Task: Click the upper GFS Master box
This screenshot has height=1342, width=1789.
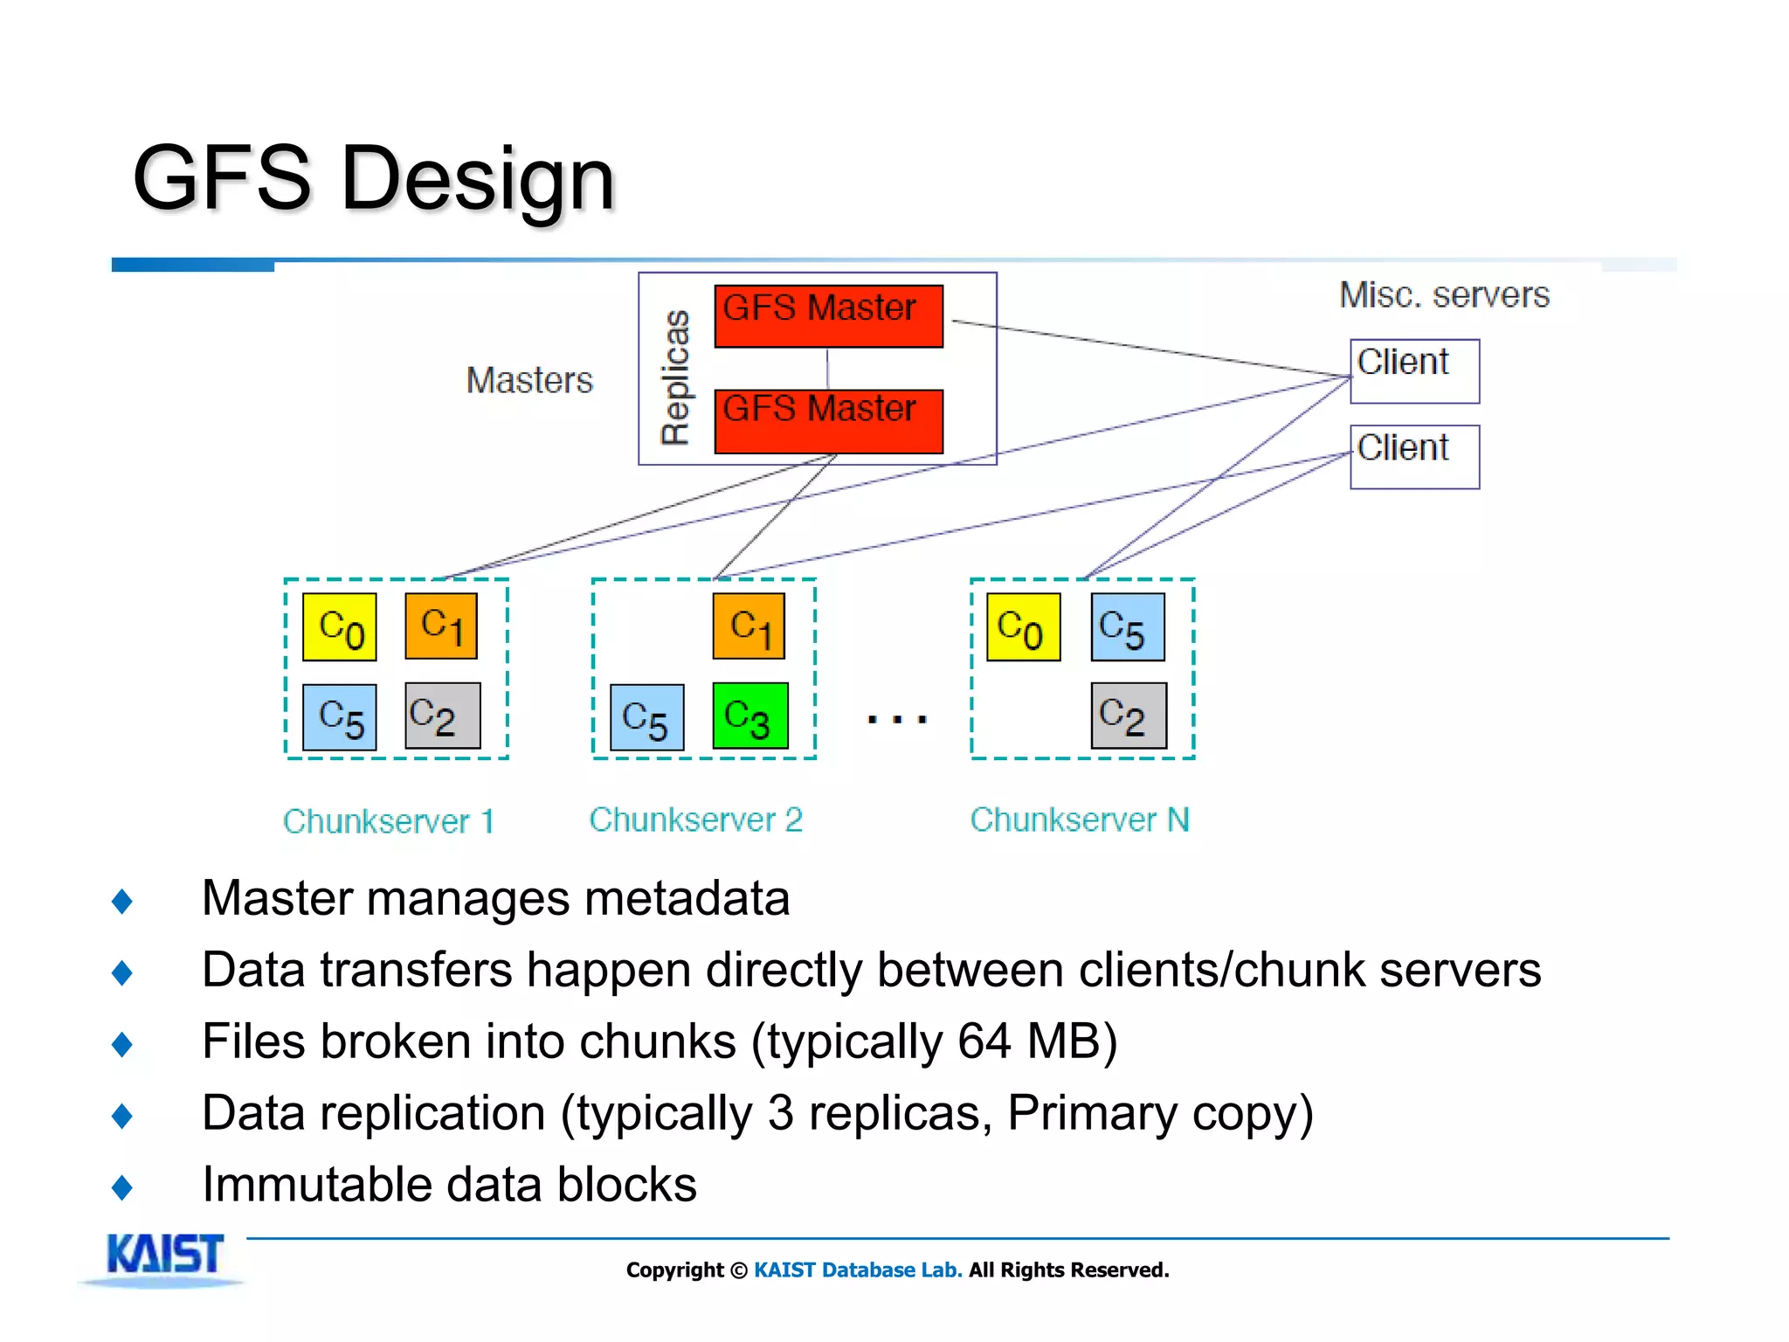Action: tap(828, 315)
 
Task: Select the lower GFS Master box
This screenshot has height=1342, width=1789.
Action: tap(828, 421)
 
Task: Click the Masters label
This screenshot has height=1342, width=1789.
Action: tap(529, 380)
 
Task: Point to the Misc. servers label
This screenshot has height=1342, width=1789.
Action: tap(1444, 294)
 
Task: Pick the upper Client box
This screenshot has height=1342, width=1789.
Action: tap(1414, 370)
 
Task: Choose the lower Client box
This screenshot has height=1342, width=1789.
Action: tap(1414, 456)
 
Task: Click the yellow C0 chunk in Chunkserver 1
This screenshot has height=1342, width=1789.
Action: tap(340, 627)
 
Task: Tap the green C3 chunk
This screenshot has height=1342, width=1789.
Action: tap(750, 716)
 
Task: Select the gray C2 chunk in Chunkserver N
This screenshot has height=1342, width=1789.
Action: tap(1128, 716)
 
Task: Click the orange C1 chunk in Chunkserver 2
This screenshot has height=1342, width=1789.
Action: tap(749, 626)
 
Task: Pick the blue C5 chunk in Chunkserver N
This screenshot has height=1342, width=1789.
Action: tap(1128, 627)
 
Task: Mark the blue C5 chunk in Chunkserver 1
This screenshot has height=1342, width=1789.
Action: tap(340, 717)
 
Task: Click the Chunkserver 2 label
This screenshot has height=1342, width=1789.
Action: tap(695, 820)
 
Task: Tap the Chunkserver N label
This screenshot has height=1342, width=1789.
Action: tap(1080, 820)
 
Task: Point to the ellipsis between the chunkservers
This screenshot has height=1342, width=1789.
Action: tap(896, 720)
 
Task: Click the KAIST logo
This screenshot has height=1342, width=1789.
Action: tap(163, 1256)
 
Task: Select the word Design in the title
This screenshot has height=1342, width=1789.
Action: tap(478, 179)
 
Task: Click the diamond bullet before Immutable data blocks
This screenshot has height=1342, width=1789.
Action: tap(122, 1186)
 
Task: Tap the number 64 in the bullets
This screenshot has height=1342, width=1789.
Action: tap(984, 1041)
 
